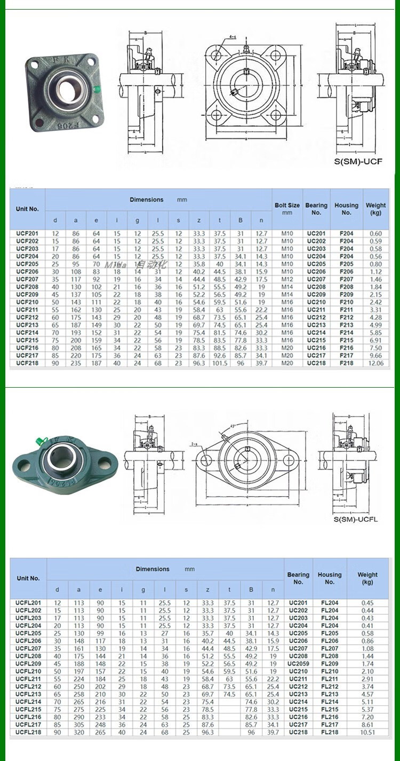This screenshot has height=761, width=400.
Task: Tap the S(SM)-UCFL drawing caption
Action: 355,519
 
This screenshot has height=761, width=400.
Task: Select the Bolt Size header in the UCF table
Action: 287,208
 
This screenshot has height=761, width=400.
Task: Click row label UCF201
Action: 27,233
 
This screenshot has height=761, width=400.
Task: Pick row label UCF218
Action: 27,363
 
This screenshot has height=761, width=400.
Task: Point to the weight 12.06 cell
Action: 376,363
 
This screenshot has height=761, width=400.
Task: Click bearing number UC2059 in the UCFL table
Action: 299,664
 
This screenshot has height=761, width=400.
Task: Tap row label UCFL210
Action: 28,671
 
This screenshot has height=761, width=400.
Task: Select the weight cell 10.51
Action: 367,732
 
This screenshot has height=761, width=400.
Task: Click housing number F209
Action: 346,294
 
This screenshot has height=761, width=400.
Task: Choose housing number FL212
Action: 330,687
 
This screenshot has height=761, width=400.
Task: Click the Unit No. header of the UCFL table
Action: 28,578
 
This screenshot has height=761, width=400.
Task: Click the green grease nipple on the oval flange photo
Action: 38,441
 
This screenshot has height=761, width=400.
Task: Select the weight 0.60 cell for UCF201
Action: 376,233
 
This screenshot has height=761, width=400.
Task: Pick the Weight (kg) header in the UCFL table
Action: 367,578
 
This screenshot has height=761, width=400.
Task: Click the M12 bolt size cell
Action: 287,279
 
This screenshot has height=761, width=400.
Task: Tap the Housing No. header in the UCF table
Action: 346,208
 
